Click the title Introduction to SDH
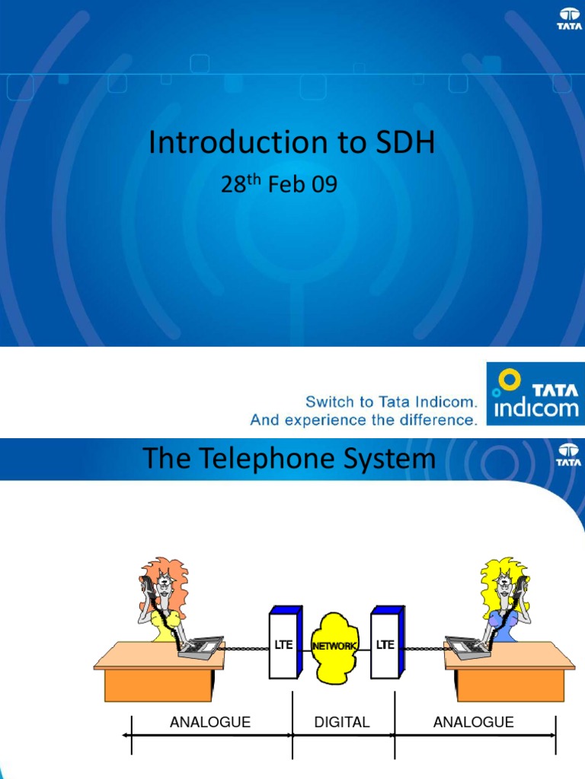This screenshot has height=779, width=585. click(x=292, y=143)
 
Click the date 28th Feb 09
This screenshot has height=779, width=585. click(x=279, y=185)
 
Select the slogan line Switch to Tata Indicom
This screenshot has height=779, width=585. click(x=391, y=402)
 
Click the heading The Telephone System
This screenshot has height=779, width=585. click(x=289, y=459)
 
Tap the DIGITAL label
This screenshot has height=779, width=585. click(x=342, y=722)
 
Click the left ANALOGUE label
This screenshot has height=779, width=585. click(x=210, y=722)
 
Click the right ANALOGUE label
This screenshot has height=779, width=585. click(x=473, y=722)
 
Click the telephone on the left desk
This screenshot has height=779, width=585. click(x=200, y=646)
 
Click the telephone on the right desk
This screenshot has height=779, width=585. click(x=468, y=646)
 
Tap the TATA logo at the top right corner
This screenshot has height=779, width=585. click(x=569, y=18)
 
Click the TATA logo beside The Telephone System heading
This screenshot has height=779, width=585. click(x=568, y=455)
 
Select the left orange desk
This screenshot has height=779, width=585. click(x=159, y=673)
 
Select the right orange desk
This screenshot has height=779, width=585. click(x=510, y=673)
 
